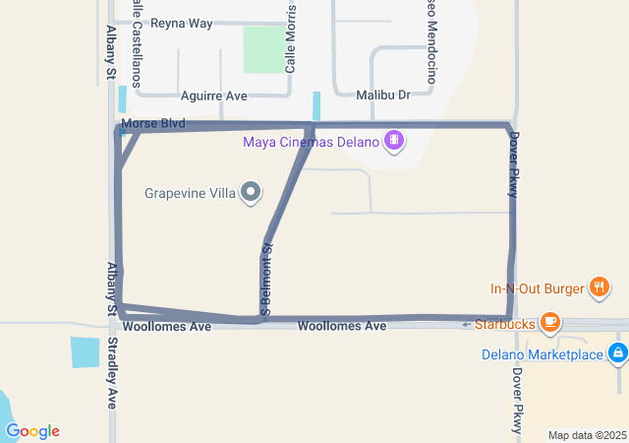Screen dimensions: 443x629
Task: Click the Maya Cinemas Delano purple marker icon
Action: (394, 141)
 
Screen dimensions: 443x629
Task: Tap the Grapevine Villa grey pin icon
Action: (252, 193)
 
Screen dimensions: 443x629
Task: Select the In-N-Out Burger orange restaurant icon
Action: (599, 288)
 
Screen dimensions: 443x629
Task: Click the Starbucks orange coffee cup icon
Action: (550, 322)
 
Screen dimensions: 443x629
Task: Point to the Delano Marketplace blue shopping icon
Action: (617, 353)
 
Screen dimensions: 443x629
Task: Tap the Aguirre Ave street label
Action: (214, 96)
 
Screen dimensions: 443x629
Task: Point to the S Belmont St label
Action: (266, 281)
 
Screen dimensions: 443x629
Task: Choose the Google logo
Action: (32, 430)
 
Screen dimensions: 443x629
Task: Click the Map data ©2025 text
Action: (587, 435)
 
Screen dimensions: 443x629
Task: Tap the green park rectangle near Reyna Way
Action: (261, 49)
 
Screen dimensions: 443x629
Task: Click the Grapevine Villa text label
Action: (190, 193)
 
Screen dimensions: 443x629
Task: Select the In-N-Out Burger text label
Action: (537, 289)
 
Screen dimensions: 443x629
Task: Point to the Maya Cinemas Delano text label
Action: (311, 142)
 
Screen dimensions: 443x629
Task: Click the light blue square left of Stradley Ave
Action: (85, 352)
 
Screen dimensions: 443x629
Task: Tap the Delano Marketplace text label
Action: (542, 354)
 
